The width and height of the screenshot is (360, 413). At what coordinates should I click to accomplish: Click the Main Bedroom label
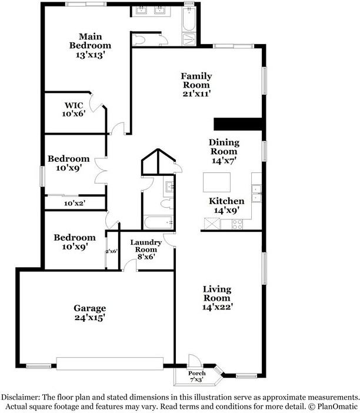(90, 41)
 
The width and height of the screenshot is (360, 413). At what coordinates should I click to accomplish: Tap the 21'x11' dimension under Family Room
(196, 93)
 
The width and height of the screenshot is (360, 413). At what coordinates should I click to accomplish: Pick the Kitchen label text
(226, 201)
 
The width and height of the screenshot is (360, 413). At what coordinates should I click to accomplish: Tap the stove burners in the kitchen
(238, 224)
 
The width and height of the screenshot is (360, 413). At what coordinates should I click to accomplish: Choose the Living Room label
(217, 294)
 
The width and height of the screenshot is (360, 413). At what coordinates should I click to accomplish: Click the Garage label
(89, 308)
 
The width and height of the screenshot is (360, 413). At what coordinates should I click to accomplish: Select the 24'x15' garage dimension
(89, 318)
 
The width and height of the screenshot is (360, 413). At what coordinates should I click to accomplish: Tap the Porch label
(196, 374)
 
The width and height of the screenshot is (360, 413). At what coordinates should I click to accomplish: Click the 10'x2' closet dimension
(75, 203)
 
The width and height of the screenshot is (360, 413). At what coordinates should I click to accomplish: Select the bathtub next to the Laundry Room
(158, 222)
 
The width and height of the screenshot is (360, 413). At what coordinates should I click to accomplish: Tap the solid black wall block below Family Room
(237, 123)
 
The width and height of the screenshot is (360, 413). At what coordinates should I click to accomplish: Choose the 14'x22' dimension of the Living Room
(217, 307)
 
